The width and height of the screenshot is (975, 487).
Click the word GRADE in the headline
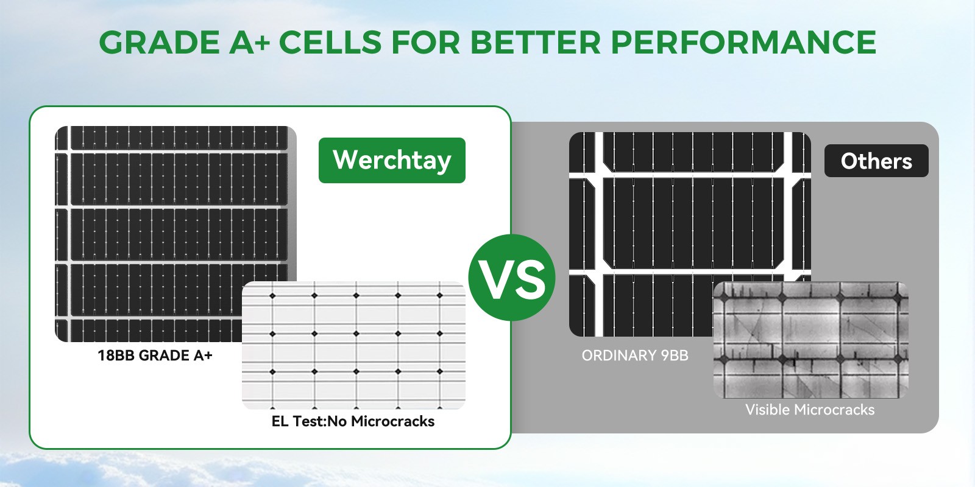click(159, 42)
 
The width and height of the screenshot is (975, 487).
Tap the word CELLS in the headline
click(330, 42)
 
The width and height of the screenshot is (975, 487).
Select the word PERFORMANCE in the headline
click(743, 42)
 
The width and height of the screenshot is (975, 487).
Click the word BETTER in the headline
click(536, 42)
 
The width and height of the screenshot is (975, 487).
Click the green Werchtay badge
click(392, 161)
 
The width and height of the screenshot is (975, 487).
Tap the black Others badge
click(876, 161)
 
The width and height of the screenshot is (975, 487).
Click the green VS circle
click(512, 278)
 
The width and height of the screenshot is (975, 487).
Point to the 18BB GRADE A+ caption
click(155, 356)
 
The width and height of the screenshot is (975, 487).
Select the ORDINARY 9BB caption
click(635, 356)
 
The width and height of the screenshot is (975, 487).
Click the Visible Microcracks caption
click(810, 410)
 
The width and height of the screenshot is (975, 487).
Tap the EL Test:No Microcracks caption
click(353, 421)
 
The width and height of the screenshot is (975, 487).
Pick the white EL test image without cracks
click(353, 345)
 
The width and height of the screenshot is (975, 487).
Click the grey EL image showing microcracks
click(811, 340)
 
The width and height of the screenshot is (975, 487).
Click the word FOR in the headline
click(426, 42)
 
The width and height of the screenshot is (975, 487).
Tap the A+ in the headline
click(250, 42)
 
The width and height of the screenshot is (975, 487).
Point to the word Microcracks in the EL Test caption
click(392, 421)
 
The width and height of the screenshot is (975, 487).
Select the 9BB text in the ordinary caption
click(675, 356)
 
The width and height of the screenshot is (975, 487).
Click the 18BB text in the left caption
click(116, 356)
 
